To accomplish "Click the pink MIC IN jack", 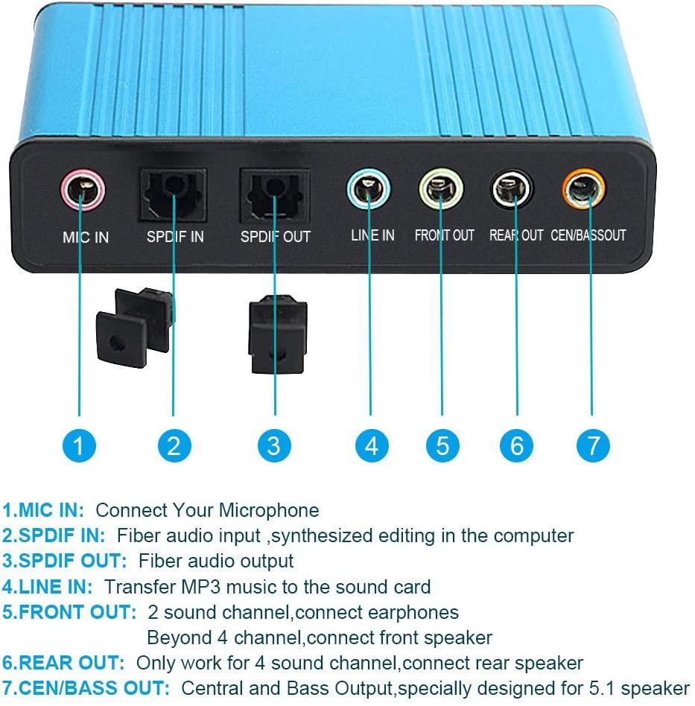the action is pyautogui.click(x=83, y=190).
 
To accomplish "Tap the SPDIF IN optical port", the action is pyautogui.click(x=173, y=194).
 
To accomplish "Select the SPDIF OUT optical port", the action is pyautogui.click(x=275, y=195).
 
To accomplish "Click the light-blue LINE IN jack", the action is pyautogui.click(x=369, y=188).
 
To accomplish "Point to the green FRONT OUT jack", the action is pyautogui.click(x=441, y=188).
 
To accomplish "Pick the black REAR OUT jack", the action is pyautogui.click(x=512, y=188).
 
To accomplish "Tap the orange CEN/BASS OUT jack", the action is pyautogui.click(x=584, y=188).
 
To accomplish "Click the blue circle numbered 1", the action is pyautogui.click(x=79, y=445).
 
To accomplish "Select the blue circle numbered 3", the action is pyautogui.click(x=274, y=445).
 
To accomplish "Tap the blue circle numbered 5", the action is pyautogui.click(x=442, y=445).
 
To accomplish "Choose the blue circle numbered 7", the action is pyautogui.click(x=593, y=445).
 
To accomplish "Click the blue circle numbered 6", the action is pyautogui.click(x=517, y=445).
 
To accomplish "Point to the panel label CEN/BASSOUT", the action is pyautogui.click(x=588, y=235).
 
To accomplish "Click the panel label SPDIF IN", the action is pyautogui.click(x=175, y=236).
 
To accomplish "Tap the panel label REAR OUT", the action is pyautogui.click(x=516, y=235).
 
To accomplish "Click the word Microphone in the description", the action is pyautogui.click(x=269, y=511).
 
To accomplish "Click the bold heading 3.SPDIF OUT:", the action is pyautogui.click(x=64, y=561).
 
